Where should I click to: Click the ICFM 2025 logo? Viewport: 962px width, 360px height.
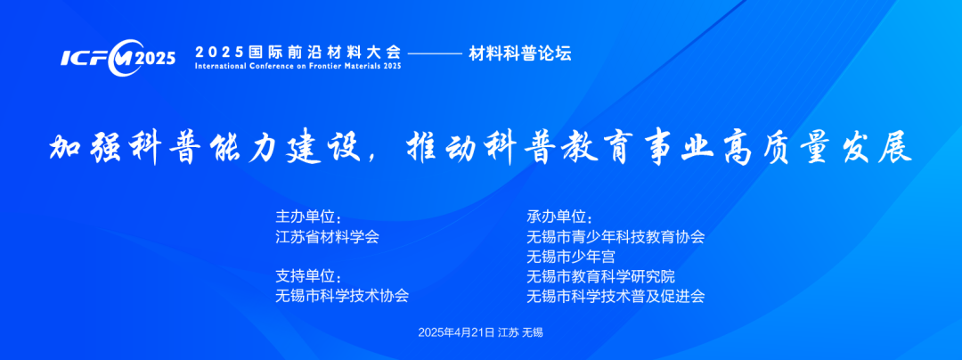click(x=118, y=58)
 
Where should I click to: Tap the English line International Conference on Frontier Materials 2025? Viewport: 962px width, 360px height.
click(x=298, y=66)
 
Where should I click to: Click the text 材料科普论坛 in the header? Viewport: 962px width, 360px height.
click(x=520, y=53)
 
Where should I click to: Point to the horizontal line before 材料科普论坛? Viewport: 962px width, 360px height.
click(x=435, y=54)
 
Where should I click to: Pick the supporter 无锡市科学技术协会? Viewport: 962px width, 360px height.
click(x=342, y=296)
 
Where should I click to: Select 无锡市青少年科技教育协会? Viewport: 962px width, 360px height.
click(x=616, y=237)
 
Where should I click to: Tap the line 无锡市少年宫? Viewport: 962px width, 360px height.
click(x=571, y=257)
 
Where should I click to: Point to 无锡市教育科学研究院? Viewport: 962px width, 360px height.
click(x=600, y=276)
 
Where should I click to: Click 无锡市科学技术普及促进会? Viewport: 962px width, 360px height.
click(x=616, y=296)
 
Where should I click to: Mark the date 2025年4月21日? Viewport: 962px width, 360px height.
click(x=456, y=332)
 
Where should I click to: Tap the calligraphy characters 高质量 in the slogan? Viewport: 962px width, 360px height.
click(x=783, y=147)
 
